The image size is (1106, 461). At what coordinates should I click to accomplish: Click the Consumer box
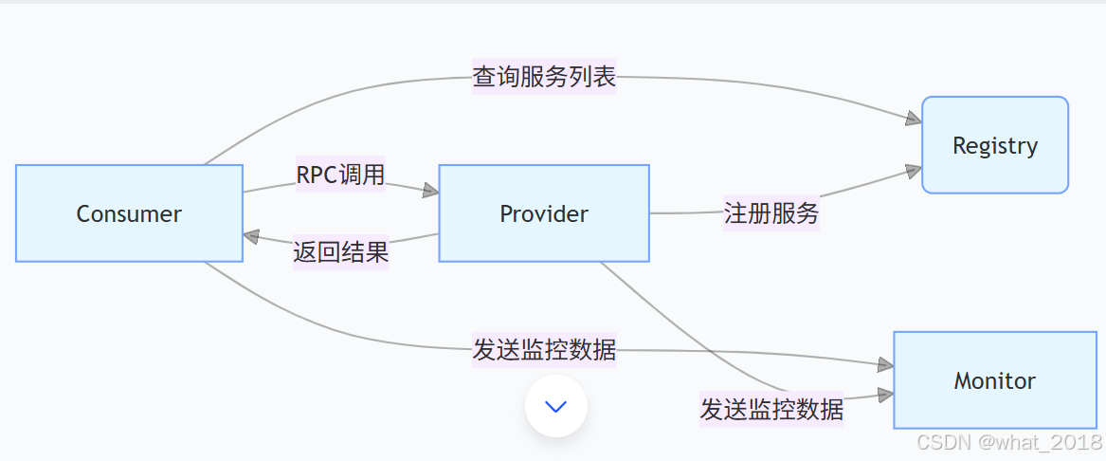[x=129, y=213]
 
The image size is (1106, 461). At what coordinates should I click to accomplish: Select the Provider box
[x=543, y=213]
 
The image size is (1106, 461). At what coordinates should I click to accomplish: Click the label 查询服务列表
[x=544, y=77]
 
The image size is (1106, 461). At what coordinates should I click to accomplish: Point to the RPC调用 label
[x=340, y=175]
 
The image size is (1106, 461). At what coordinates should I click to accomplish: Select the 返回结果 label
[x=340, y=253]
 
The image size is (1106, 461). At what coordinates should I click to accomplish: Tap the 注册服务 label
[x=771, y=212]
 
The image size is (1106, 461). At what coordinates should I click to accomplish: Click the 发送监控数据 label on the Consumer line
[x=544, y=350]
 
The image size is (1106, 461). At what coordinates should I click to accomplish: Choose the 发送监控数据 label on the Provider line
[x=771, y=409]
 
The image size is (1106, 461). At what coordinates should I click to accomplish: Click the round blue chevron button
[x=556, y=406]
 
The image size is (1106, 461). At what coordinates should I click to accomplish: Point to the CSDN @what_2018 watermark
[x=1009, y=442]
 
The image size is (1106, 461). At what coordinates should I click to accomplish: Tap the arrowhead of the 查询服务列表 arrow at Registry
[x=914, y=119]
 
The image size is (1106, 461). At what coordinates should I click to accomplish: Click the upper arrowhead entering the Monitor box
[x=885, y=365]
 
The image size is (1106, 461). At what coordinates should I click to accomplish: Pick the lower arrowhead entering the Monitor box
[x=885, y=395]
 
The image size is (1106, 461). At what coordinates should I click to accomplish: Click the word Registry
[x=994, y=146]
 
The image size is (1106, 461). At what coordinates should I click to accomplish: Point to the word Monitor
[x=994, y=381]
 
